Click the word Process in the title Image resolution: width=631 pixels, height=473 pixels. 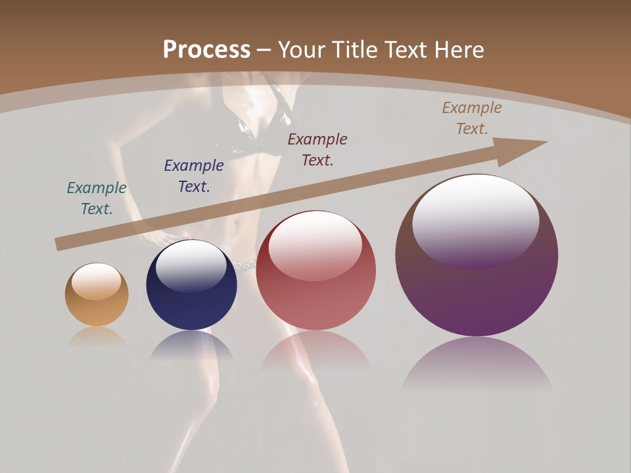pyautogui.click(x=206, y=50)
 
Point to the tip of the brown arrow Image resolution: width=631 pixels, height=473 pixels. pyautogui.click(x=546, y=142)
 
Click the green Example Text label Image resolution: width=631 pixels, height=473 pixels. pyautogui.click(x=97, y=198)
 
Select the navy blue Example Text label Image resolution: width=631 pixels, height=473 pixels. pyautogui.click(x=194, y=175)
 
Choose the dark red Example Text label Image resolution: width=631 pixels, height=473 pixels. pyautogui.click(x=317, y=149)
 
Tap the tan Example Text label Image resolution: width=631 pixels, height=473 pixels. pyautogui.click(x=472, y=118)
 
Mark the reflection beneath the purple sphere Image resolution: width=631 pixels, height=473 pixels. pyautogui.click(x=477, y=365)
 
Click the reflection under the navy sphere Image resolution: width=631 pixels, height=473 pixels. pyautogui.click(x=191, y=345)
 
